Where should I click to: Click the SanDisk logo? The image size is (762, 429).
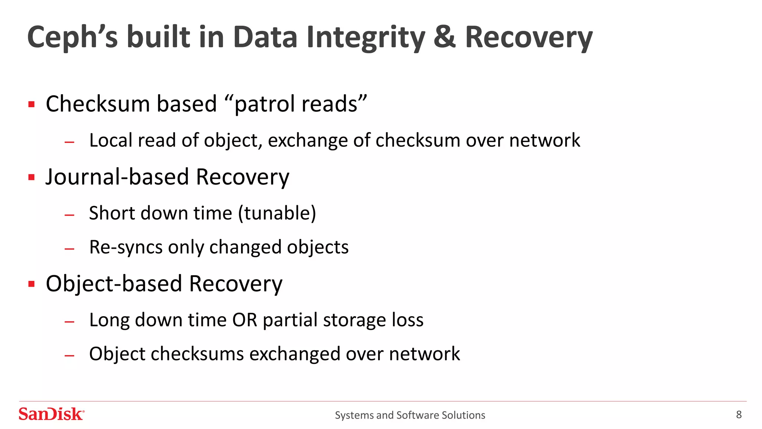click(x=51, y=414)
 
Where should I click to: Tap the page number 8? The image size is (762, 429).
click(x=739, y=414)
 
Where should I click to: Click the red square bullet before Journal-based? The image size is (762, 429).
click(x=32, y=177)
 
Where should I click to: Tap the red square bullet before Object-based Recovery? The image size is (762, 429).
click(x=32, y=284)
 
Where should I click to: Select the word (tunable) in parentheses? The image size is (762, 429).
click(x=277, y=213)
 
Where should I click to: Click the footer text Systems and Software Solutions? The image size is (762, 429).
click(x=410, y=415)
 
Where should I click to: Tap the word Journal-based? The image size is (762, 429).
click(x=118, y=177)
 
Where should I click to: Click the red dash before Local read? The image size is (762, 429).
click(x=70, y=142)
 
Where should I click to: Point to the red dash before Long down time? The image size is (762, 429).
click(x=70, y=321)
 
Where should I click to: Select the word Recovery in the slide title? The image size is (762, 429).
click(x=528, y=37)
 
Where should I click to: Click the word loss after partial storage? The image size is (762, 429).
click(x=407, y=320)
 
